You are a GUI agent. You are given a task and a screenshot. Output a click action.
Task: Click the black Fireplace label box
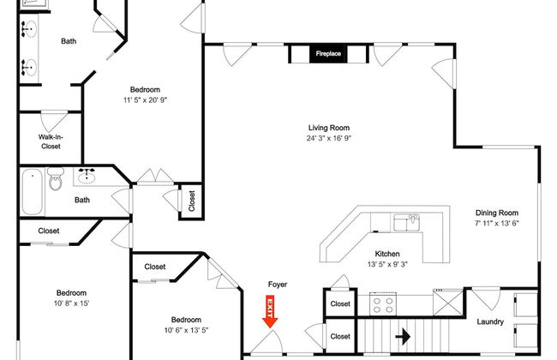pos(328,54)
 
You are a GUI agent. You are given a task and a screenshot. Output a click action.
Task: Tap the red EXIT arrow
pos(270,312)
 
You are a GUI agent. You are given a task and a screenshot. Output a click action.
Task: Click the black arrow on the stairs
pos(403,336)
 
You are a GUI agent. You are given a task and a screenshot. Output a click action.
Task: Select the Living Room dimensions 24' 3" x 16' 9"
pos(329,138)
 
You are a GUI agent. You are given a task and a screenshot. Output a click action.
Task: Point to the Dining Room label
pos(497,213)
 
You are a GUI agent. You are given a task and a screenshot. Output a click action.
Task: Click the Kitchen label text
pos(387,254)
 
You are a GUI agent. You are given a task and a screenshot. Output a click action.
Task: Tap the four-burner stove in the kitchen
pos(383,304)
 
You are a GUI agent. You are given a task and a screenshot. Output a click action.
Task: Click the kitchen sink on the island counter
pos(406,223)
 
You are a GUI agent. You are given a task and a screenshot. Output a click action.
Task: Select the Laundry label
pos(490,321)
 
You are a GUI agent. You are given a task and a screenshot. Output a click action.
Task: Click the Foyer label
pos(278,285)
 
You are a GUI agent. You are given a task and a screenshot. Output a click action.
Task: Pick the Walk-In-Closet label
pos(51,141)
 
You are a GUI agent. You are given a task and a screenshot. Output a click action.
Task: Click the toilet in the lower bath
pos(55,179)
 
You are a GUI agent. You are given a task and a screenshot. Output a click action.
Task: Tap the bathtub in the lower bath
pos(33,192)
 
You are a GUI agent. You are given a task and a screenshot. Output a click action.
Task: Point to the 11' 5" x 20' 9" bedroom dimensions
pos(145,100)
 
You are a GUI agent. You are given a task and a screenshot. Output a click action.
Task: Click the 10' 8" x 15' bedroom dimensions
pos(71,303)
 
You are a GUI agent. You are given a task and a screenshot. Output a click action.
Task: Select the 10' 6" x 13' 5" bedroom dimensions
pos(186,330)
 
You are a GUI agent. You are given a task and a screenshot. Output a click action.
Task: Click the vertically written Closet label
pos(192,201)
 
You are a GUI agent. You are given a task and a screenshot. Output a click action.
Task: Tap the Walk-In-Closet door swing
pos(54,121)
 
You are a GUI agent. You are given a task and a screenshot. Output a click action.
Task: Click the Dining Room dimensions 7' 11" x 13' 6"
pos(497,223)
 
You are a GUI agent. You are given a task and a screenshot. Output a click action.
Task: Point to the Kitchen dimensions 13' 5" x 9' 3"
pos(387,264)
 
